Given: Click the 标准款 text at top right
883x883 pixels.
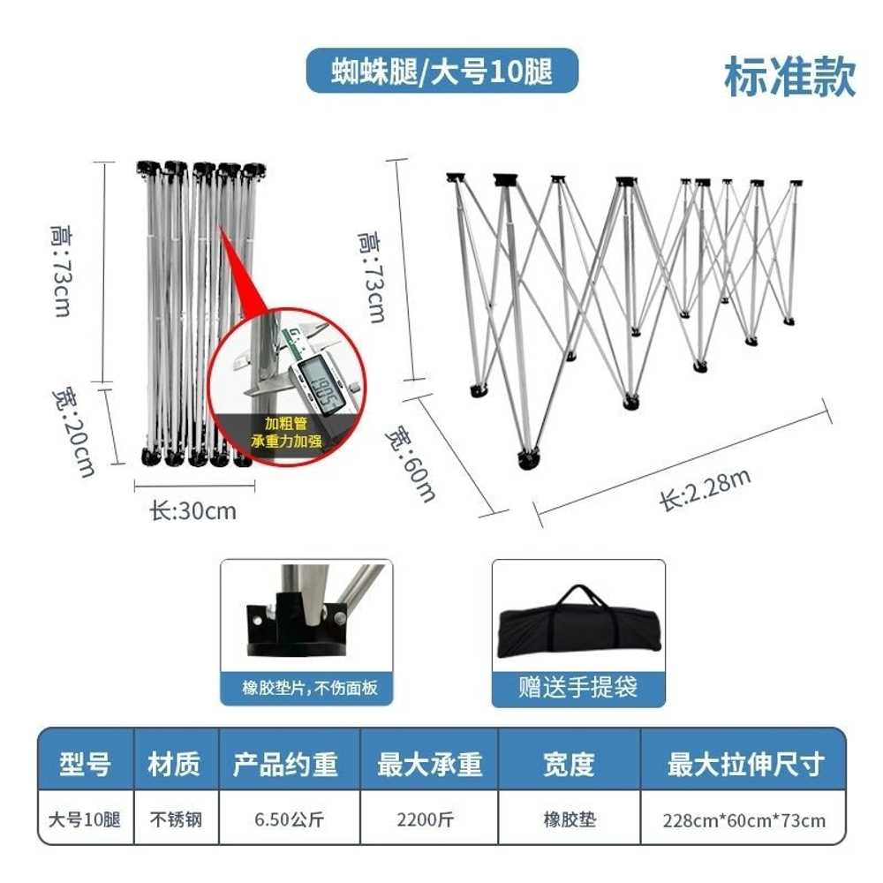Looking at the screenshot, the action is point(789,77).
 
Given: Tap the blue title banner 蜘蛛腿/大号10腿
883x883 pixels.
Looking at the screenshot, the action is point(442,71).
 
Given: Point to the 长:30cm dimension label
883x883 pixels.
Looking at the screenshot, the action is point(192,511).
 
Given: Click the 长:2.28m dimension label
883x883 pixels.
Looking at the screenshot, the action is point(705,489).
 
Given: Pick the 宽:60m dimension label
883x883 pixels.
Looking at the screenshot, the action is point(411,465).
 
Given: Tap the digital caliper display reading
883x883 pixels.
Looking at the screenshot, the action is point(321,383).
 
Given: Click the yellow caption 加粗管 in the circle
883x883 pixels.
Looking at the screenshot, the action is point(286,423).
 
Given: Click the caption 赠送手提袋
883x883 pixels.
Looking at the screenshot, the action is point(577,687).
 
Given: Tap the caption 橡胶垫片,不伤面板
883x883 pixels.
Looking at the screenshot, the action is point(310,688).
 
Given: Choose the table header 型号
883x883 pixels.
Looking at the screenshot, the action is point(85,764).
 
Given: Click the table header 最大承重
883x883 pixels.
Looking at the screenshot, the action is point(430,764).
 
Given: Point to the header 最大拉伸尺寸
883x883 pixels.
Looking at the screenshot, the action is point(745,764).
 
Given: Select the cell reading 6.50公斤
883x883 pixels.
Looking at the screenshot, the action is point(289,819).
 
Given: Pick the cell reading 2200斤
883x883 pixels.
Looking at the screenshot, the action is point(426,819).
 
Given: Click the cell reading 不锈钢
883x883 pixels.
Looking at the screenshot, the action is point(176,819).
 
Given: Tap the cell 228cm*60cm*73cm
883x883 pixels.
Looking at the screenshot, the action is point(743,820).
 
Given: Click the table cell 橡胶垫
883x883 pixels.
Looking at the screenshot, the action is point(570,819).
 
